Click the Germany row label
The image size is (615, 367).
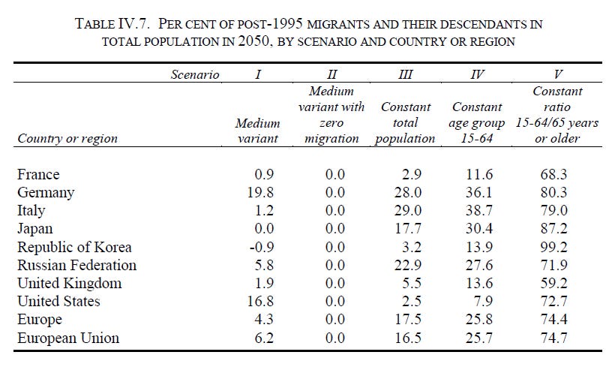(46, 193)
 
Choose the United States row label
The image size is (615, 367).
(58, 301)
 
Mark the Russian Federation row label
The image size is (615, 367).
(76, 265)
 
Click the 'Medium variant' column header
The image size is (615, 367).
(257, 131)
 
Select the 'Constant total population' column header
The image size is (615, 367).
(406, 123)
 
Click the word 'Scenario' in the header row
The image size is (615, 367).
(194, 74)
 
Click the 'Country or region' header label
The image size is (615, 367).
(67, 138)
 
